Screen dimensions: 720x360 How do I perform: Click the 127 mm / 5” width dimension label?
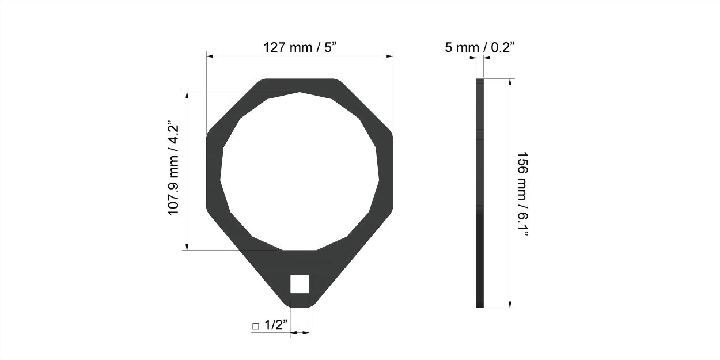[x=300, y=48]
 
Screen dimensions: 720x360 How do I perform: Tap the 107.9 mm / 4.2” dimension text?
[x=173, y=168]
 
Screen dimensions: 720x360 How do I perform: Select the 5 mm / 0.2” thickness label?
[x=480, y=48]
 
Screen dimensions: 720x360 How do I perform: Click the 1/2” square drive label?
[x=276, y=325]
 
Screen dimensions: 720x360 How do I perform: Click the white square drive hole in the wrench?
[x=300, y=284]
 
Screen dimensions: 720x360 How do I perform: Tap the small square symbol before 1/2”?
[x=256, y=327]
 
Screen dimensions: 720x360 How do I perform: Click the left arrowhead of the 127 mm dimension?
[x=210, y=56]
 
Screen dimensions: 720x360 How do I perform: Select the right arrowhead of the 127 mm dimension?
[x=389, y=56]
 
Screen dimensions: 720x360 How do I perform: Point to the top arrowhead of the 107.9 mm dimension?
[x=187, y=96]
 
